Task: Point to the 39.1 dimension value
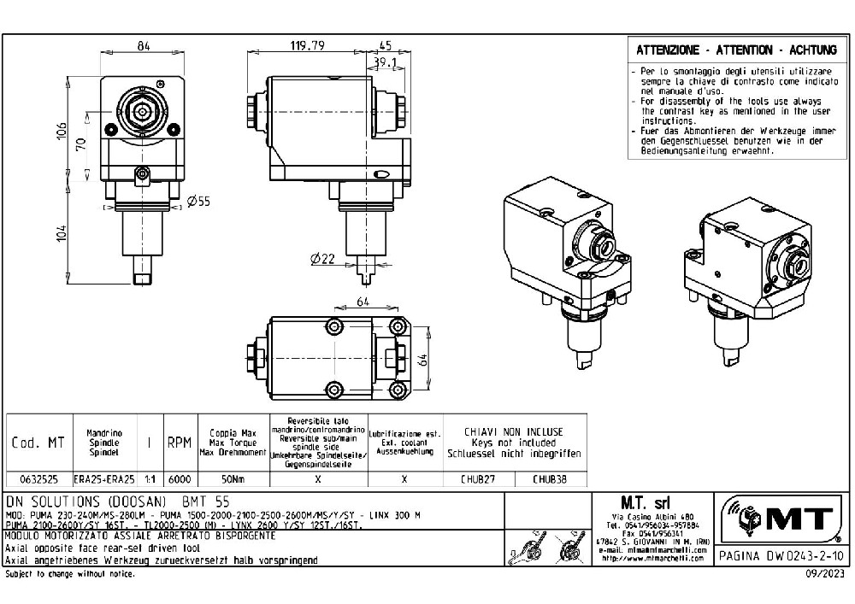point(382,62)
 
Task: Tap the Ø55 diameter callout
point(199,201)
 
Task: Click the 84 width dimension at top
point(144,46)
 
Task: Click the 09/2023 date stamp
point(827,575)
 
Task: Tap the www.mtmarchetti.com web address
point(656,560)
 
